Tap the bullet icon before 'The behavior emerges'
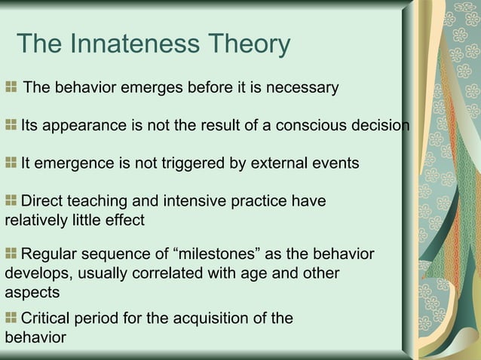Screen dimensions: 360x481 pyautogui.click(x=11, y=88)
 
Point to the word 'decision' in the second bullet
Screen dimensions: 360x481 pyautogui.click(x=381, y=125)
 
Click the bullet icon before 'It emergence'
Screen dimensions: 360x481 pyautogui.click(x=11, y=163)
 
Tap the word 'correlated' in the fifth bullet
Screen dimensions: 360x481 pyautogui.click(x=185, y=273)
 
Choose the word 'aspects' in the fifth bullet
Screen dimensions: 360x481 pyautogui.click(x=32, y=291)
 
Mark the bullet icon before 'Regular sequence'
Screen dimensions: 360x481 pyautogui.click(x=11, y=254)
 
